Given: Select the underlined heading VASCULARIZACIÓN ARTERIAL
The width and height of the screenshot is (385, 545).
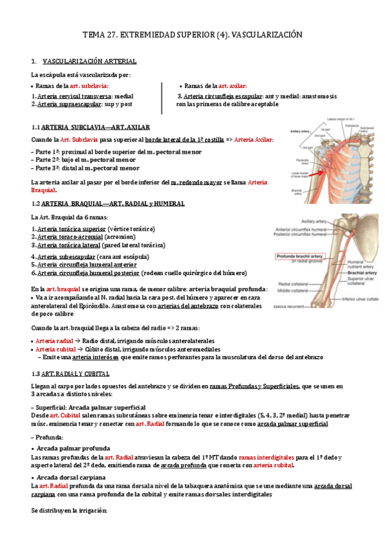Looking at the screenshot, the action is [x=89, y=61].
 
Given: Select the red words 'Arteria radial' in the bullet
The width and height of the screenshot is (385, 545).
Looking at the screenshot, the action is [x=55, y=340].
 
